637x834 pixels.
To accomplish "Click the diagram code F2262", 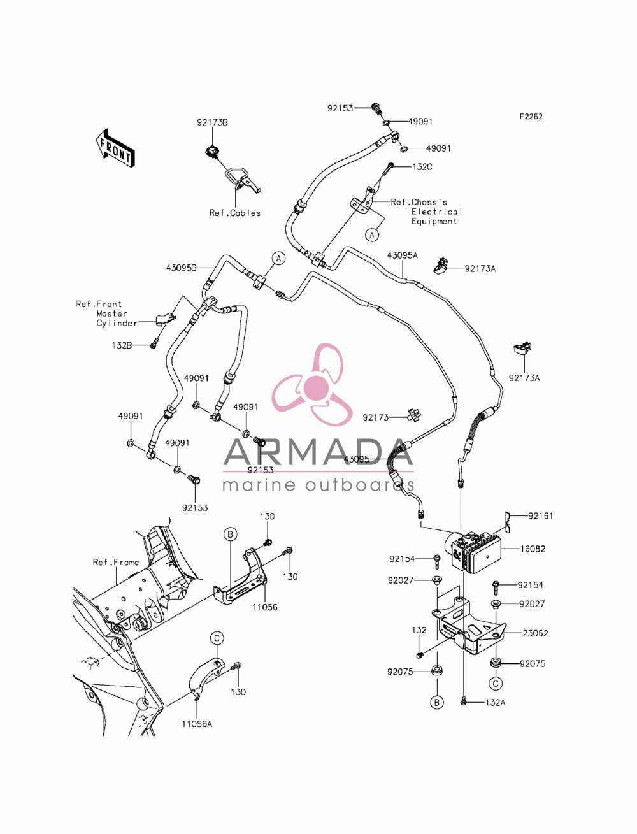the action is point(531,117).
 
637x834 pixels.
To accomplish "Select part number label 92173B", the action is point(212,122).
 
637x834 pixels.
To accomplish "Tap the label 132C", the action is point(422,167).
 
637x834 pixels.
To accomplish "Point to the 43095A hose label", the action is point(402,255).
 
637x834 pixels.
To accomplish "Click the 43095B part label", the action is point(181,268).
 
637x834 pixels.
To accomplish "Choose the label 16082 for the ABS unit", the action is point(532,549).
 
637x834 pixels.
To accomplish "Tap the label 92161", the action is point(541,515).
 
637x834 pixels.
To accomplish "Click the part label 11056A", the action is point(197,724).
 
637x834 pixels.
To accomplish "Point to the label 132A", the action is point(496,703).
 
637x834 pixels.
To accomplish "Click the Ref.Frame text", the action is point(116,562).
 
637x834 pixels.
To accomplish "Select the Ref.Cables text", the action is point(235,213).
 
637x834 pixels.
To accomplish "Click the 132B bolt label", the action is point(122,345).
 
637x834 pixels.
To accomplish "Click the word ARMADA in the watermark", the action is point(318,452).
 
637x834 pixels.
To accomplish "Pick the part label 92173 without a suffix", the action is point(375,417).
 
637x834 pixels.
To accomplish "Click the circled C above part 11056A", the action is point(217,638).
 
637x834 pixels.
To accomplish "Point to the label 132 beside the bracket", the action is point(419,630).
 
